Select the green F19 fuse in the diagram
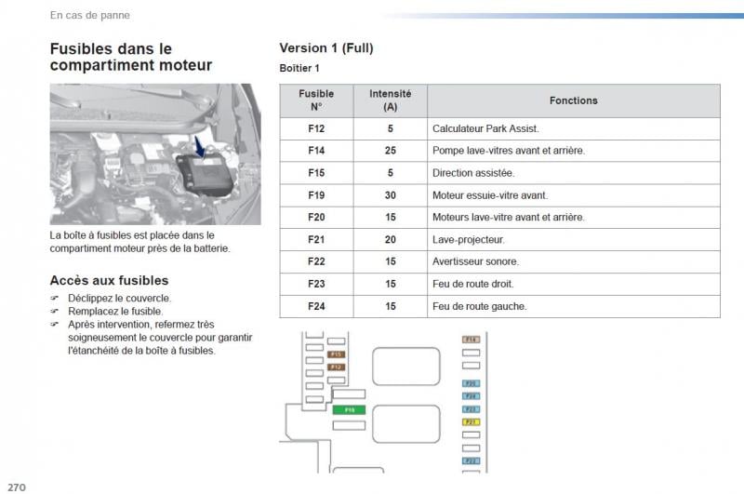[x=350, y=409]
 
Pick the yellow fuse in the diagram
[x=471, y=421]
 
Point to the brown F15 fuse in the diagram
[x=337, y=354]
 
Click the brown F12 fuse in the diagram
[x=337, y=367]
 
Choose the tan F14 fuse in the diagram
[x=471, y=340]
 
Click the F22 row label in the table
[x=316, y=261]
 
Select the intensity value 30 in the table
[x=391, y=195]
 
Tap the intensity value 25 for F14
[x=391, y=151]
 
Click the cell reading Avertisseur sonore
[x=475, y=261]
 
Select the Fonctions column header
[x=573, y=100]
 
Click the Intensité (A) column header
[x=391, y=100]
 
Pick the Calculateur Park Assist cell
[x=485, y=128]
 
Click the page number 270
[x=15, y=486]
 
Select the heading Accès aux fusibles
[x=109, y=280]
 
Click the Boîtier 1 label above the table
[x=299, y=69]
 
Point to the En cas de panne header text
[x=89, y=15]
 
